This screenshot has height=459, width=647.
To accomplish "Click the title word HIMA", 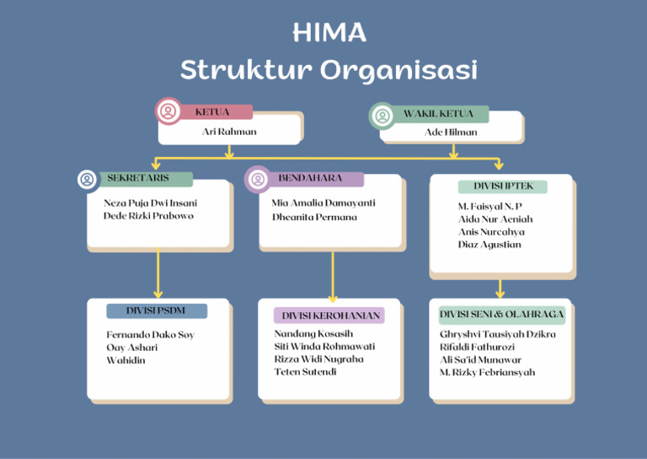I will click(329, 33).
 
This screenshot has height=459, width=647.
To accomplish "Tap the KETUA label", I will click(212, 112).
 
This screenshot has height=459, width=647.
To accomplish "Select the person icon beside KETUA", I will click(168, 111).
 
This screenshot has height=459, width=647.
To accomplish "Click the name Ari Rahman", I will click(229, 132).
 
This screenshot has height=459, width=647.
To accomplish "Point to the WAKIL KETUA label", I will click(438, 114).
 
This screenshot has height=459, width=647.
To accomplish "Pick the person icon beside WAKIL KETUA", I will click(382, 116).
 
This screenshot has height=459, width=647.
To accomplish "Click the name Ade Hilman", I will click(451, 132).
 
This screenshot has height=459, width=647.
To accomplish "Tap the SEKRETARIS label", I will click(138, 179).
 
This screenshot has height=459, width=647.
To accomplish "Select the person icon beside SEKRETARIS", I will click(87, 179).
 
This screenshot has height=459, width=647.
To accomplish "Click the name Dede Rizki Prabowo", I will click(148, 216).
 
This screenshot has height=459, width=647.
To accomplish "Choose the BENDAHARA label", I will click(310, 179).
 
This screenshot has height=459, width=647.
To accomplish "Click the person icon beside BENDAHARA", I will click(258, 179).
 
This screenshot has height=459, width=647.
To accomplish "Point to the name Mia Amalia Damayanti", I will click(323, 203).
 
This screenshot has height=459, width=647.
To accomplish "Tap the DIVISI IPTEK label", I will click(502, 186).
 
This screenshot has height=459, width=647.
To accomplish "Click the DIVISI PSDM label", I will click(156, 311).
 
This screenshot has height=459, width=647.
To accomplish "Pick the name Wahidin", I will click(126, 360).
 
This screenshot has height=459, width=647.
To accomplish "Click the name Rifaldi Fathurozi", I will click(477, 347).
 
